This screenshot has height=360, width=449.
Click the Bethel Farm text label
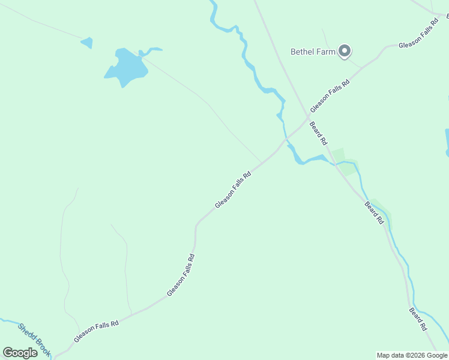313,52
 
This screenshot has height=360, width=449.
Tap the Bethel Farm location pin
345,51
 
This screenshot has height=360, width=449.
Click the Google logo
20,352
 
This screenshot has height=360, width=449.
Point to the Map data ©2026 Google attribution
412,355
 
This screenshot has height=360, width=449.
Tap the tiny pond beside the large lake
87,43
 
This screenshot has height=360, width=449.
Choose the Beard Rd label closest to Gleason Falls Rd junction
318,133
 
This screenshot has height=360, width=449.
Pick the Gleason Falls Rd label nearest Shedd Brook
97,331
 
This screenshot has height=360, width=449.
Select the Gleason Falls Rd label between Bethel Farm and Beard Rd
330,95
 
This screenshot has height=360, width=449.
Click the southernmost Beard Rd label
418,319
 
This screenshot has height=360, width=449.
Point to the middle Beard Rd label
374,212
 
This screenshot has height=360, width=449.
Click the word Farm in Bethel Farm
326,52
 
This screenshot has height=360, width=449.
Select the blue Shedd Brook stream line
9,322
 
